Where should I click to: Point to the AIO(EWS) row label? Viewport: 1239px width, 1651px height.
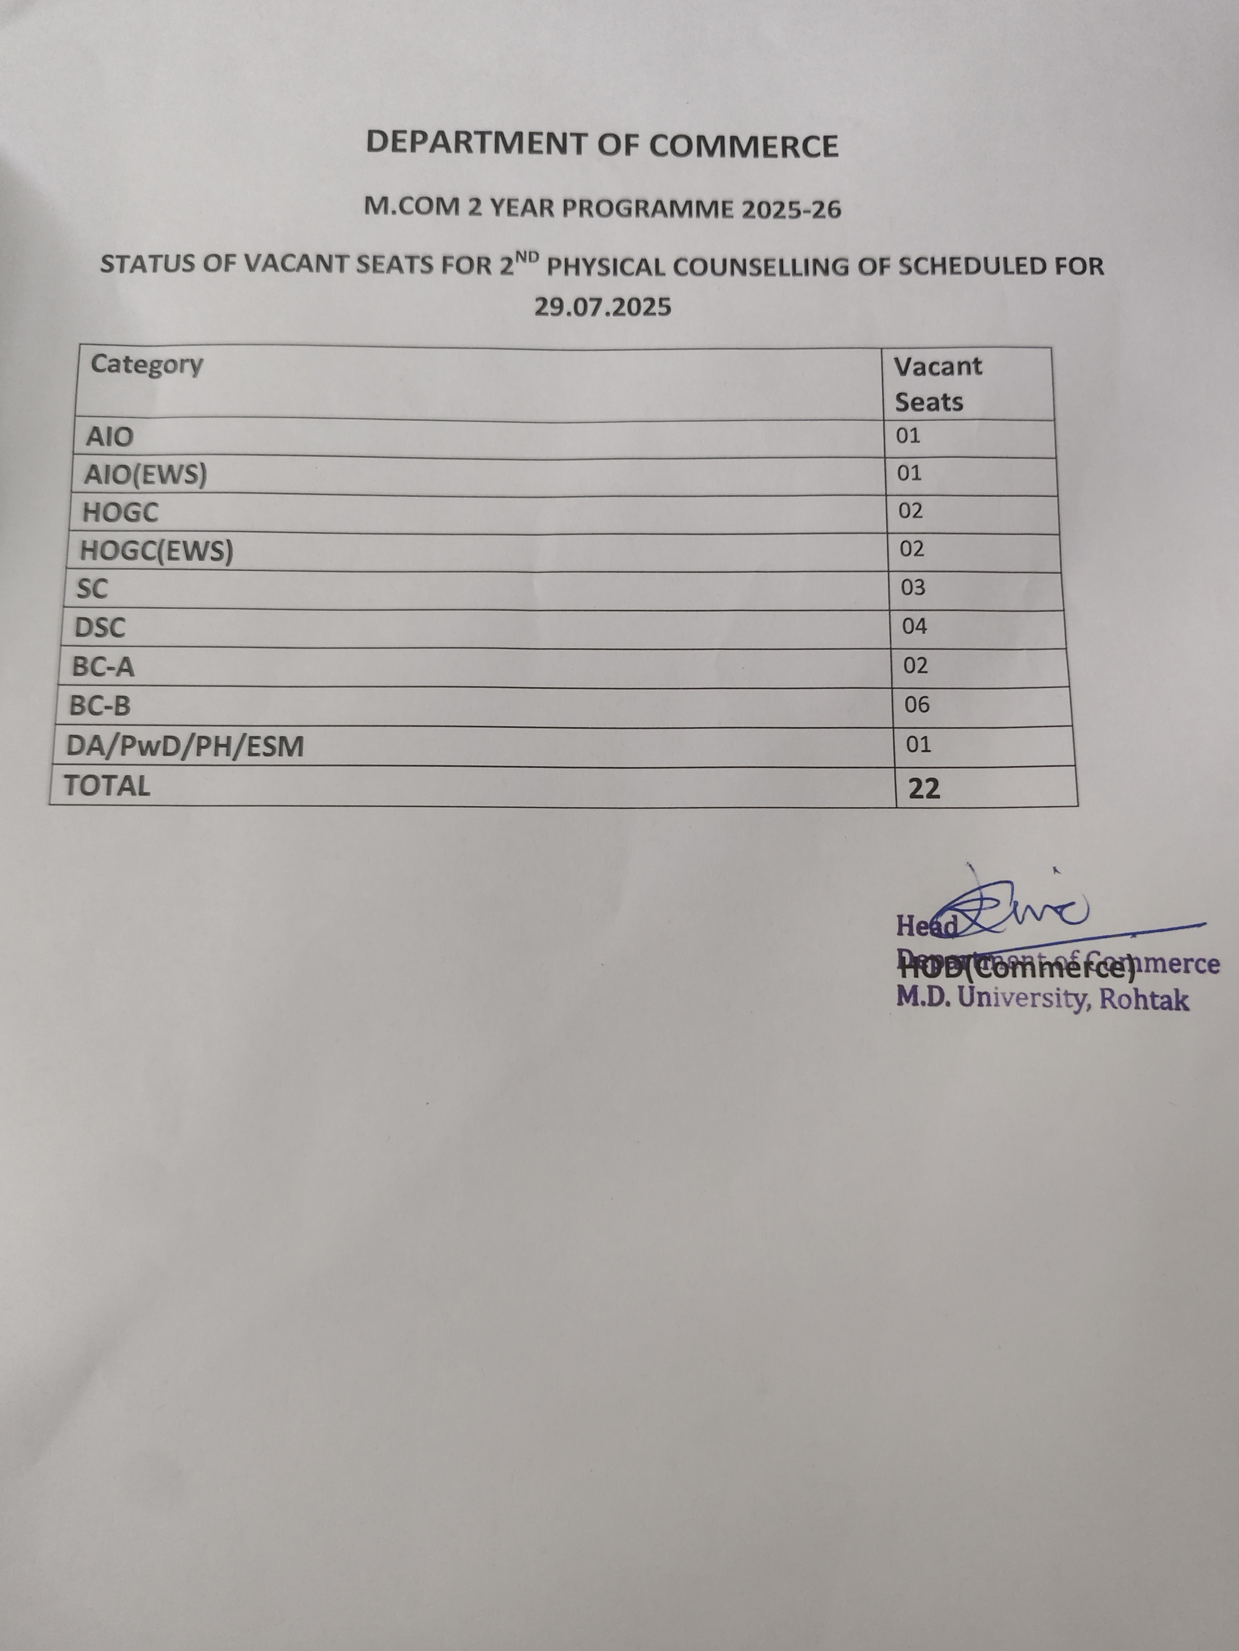click(x=146, y=475)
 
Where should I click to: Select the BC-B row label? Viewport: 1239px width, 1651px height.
click(x=100, y=705)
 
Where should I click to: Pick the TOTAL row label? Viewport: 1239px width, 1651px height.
click(x=107, y=785)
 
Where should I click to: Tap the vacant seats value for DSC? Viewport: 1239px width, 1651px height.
click(x=914, y=626)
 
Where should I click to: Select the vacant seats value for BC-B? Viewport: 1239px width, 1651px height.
click(x=917, y=704)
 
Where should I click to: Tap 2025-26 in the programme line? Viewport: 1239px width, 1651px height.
click(x=791, y=209)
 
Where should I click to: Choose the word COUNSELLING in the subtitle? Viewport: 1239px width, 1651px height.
click(x=762, y=266)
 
